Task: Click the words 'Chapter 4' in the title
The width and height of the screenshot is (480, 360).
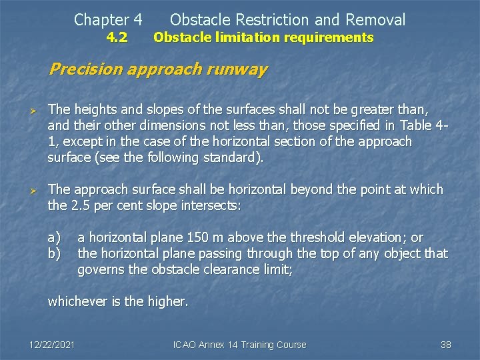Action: (x=108, y=20)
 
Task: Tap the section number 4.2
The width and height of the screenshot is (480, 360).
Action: (x=117, y=38)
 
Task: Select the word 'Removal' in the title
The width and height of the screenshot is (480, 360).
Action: (x=377, y=20)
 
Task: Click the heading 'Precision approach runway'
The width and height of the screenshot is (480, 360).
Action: (x=158, y=69)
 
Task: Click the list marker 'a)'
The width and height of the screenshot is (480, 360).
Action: (x=54, y=237)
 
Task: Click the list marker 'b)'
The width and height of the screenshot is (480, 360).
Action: (x=54, y=253)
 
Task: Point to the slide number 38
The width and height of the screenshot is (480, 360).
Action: (x=446, y=345)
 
